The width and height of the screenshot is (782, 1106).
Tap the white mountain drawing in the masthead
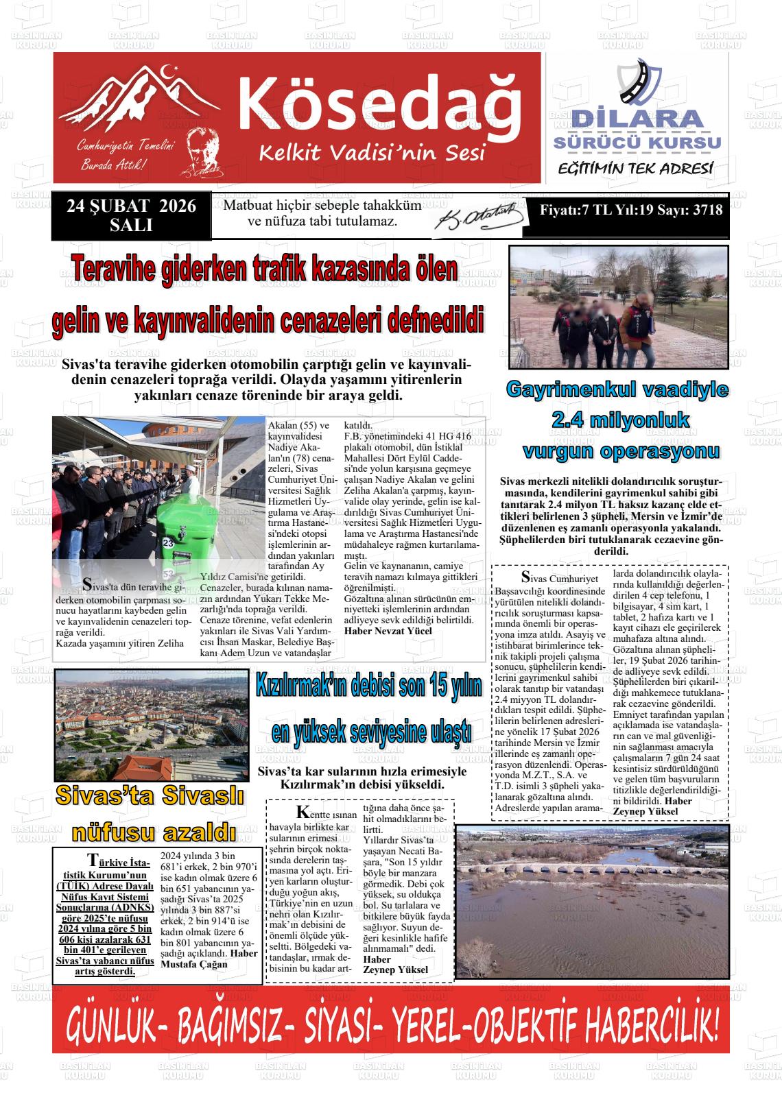coord(144,99)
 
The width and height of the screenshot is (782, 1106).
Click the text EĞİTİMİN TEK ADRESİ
coord(635,169)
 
